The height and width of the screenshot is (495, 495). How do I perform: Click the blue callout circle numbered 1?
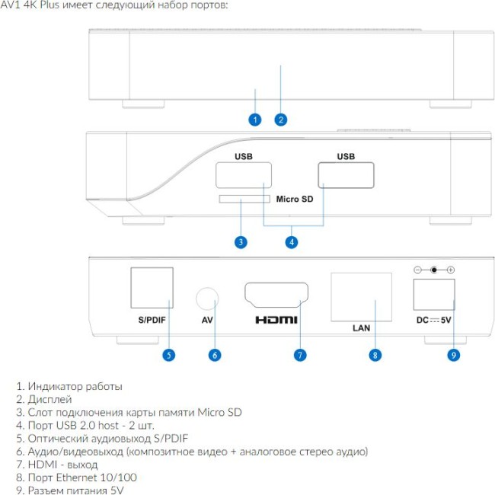255,120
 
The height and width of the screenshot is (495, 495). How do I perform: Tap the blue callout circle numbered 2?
281,120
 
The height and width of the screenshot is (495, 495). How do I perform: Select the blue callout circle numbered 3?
241,242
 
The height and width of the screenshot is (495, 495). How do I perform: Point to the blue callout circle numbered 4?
292,242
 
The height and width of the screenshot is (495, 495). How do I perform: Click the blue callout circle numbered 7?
300,355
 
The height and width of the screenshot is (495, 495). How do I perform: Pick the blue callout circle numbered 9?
454,355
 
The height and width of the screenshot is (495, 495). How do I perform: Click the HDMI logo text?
276,320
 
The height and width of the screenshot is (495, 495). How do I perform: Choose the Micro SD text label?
295,199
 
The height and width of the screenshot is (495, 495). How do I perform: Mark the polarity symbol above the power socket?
434,270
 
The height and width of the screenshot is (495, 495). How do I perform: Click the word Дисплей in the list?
49,399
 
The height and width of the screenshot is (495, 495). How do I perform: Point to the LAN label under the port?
362,328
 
